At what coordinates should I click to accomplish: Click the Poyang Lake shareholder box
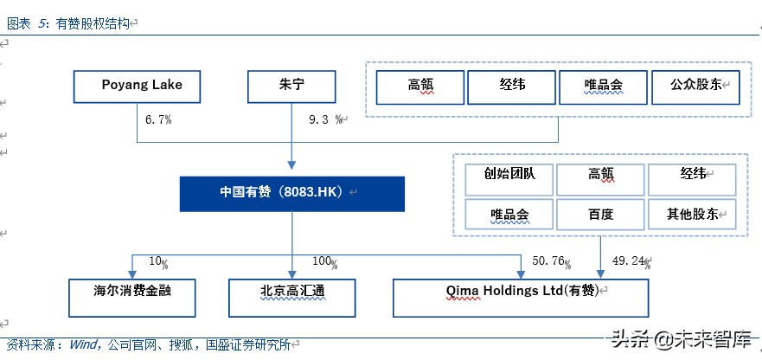(x=139, y=86)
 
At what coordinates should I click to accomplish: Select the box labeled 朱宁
(x=291, y=86)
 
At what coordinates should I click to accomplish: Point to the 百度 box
(x=600, y=214)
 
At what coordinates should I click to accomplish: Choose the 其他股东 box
(x=692, y=214)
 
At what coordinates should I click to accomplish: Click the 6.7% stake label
(x=157, y=120)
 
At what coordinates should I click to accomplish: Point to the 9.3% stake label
(x=328, y=120)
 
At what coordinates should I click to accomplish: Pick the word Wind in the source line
(x=84, y=344)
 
